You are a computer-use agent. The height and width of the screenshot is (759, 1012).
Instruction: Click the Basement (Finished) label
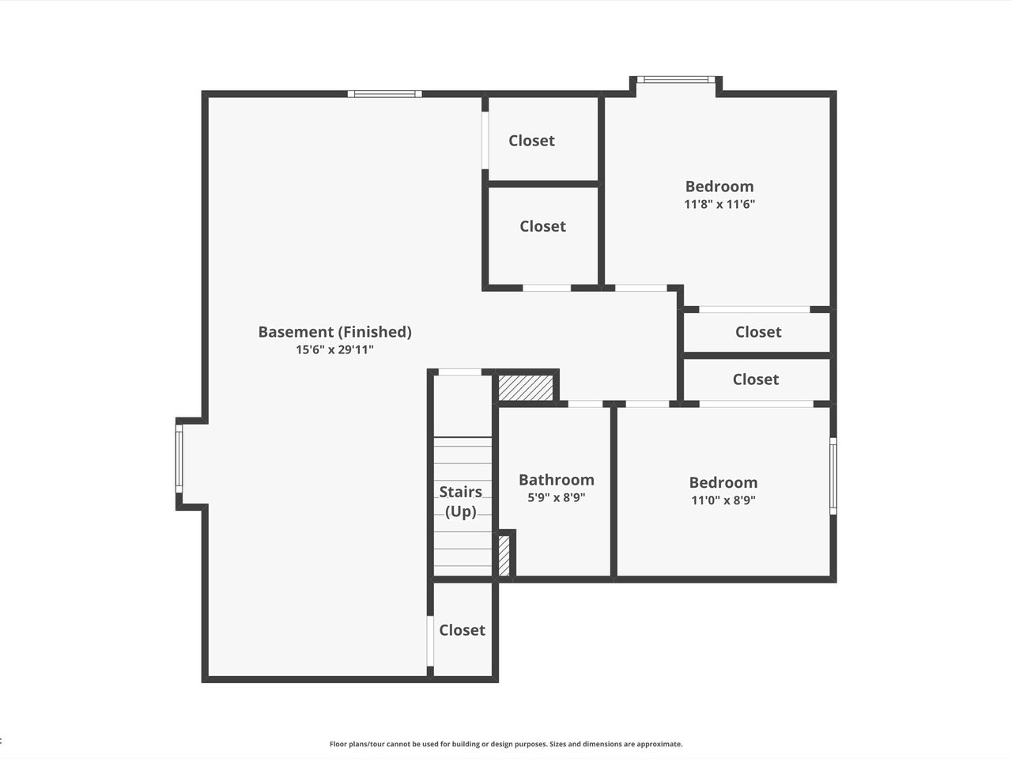334,332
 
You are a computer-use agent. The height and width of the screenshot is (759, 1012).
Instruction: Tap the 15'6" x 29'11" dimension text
334,349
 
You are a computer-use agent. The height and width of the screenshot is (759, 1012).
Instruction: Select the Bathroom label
557,480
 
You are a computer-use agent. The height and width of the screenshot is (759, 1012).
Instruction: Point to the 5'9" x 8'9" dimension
557,497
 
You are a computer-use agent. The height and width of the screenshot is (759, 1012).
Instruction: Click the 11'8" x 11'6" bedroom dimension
719,204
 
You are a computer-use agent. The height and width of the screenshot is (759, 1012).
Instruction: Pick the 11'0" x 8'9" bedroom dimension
723,500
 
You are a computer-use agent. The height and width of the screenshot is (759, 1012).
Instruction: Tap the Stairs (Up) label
461,501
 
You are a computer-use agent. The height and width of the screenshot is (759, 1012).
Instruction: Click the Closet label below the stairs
462,630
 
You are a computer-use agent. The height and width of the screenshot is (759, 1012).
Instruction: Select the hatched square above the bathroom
526,387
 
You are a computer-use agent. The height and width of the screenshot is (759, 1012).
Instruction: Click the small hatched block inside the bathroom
504,555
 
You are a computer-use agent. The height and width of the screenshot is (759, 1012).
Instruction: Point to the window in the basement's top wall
384,94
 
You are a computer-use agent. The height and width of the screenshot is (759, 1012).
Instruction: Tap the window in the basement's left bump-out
179,459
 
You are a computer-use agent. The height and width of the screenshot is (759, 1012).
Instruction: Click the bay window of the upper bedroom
676,80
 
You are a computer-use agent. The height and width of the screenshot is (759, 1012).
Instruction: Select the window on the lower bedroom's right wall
833,476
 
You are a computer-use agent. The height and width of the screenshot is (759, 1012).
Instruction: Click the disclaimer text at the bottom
506,718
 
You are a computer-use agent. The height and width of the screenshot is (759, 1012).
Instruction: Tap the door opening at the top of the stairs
459,372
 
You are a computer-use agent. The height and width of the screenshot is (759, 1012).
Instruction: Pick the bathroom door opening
585,404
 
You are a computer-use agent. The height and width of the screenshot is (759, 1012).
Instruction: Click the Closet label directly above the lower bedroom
756,379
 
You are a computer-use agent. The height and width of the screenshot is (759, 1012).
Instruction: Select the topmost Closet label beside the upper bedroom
531,141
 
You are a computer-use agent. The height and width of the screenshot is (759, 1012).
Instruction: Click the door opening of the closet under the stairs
429,641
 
